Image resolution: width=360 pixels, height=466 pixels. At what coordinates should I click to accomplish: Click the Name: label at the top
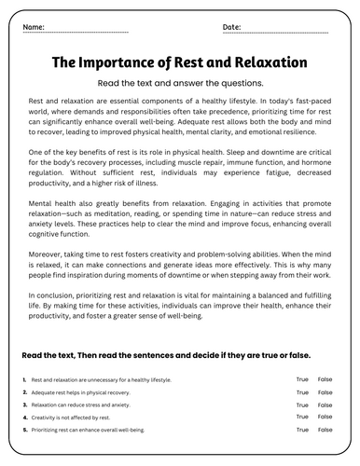(34, 28)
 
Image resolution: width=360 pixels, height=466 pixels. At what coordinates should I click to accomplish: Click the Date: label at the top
(232, 28)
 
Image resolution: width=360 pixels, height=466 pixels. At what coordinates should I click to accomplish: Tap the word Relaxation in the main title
(264, 63)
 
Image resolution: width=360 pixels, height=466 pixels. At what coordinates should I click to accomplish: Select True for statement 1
(302, 379)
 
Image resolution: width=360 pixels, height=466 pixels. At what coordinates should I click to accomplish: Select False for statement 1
(325, 379)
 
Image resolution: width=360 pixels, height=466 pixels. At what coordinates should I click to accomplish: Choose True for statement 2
(302, 392)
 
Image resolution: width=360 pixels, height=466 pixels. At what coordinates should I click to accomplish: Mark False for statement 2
(325, 392)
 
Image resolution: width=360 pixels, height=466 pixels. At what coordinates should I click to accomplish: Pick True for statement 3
(302, 404)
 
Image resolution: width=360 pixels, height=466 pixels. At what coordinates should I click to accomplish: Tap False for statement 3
(325, 404)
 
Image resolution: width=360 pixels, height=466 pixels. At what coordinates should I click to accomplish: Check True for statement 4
(302, 418)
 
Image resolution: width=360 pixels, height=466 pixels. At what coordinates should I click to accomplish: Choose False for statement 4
(325, 418)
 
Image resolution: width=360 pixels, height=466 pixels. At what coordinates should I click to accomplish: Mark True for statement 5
(302, 431)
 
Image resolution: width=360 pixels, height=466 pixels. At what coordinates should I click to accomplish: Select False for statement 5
(325, 431)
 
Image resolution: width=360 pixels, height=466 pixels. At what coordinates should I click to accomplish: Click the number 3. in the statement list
(22, 405)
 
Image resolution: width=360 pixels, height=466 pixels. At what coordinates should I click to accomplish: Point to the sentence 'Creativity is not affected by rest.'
(68, 418)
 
